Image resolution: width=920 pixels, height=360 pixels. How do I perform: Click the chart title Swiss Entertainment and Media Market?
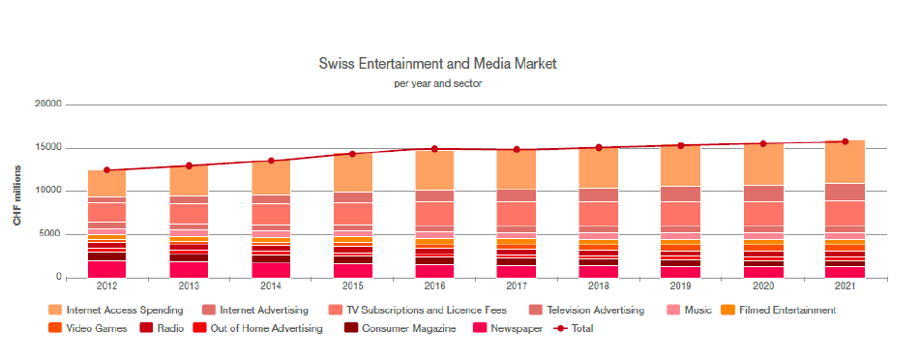[x=437, y=64]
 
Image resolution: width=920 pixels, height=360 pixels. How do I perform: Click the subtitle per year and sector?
[x=437, y=83]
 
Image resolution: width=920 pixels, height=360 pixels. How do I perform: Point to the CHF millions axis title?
[x=17, y=195]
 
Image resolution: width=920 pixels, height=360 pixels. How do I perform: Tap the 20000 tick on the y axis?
[x=48, y=105]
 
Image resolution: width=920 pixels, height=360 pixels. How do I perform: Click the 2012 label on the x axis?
[x=106, y=286]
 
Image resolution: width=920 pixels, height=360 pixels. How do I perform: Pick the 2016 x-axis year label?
[x=435, y=286]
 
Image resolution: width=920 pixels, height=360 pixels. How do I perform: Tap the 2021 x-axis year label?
[x=846, y=286]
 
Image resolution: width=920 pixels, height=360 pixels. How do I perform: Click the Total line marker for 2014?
[x=271, y=161]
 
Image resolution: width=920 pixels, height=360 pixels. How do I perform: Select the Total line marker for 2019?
[x=681, y=145]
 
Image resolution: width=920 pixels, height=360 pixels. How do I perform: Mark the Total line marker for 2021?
[x=846, y=141]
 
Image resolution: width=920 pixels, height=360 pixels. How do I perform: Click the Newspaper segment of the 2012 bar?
[x=106, y=270]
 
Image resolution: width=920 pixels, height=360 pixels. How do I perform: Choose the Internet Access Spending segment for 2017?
[x=518, y=169]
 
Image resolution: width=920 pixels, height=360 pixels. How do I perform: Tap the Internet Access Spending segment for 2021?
[x=846, y=162]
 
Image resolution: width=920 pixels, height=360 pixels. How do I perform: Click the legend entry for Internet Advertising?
[x=255, y=310]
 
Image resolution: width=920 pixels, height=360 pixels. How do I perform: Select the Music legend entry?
[x=689, y=310]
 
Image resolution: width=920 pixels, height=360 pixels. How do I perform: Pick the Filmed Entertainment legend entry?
[x=780, y=310]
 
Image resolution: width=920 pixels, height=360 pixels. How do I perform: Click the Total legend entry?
[x=574, y=329]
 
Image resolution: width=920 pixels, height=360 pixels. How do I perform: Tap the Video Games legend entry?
[x=89, y=329]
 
